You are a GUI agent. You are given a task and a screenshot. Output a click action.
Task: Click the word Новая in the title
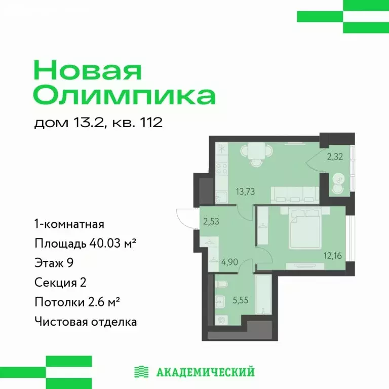[87, 70]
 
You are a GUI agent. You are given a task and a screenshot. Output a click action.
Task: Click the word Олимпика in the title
[125, 95]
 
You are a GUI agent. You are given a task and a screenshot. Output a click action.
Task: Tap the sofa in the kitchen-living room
[294, 194]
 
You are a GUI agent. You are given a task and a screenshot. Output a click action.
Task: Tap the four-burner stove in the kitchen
[221, 168]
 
